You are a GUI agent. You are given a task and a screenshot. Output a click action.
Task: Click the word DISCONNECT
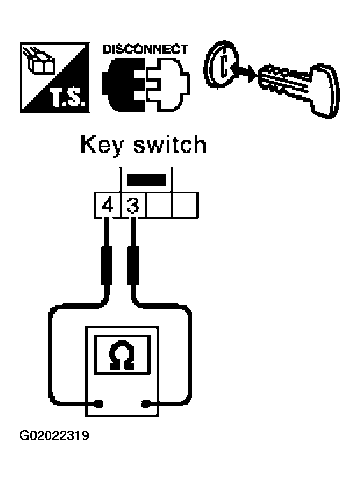click(144, 49)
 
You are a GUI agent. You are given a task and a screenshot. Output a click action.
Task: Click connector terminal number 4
click(107, 206)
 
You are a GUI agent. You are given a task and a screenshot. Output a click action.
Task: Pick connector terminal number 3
click(133, 206)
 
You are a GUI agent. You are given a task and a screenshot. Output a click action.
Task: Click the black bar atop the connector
click(146, 180)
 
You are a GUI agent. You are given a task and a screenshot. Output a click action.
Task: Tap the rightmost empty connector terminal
click(185, 206)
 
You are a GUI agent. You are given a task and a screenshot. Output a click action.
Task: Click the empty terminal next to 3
click(159, 206)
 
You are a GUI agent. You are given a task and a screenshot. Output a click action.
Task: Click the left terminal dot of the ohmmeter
click(98, 405)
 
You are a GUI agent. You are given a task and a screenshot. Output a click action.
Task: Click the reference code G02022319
click(54, 437)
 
